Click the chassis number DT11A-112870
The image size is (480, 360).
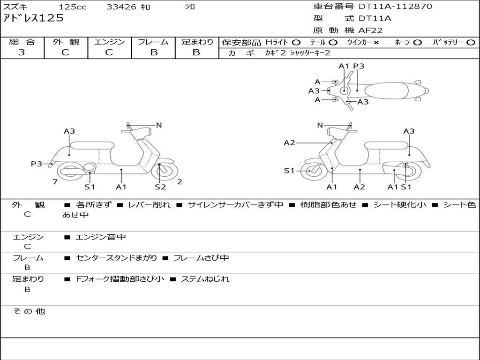click(395, 7)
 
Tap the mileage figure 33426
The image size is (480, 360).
click(121, 7)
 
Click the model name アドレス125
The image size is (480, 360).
click(33, 18)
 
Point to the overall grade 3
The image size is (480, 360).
click(22, 52)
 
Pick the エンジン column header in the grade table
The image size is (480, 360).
click(109, 42)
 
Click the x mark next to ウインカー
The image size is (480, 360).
click(376, 43)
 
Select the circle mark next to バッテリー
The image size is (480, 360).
click(471, 43)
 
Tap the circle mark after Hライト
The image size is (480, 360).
click(296, 43)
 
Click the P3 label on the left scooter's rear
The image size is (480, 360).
click(37, 164)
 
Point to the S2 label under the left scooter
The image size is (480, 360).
click(160, 187)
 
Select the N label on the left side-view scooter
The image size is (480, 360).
click(159, 125)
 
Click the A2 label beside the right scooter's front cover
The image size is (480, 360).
click(289, 142)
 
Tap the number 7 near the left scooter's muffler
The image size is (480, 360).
click(55, 182)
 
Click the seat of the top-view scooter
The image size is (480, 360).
click(387, 91)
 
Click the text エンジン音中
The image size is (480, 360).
click(100, 237)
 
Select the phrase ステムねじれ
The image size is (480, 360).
click(205, 279)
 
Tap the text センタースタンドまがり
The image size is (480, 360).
click(116, 258)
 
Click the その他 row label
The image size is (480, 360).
click(29, 311)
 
